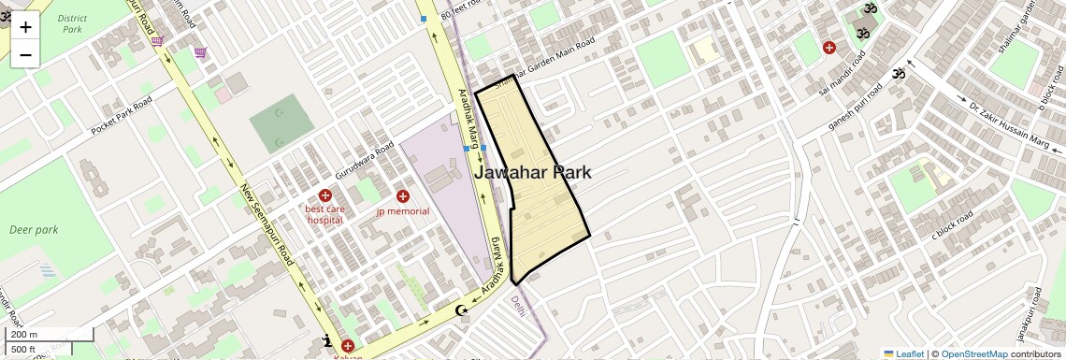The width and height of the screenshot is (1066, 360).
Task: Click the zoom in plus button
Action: (x=25, y=27)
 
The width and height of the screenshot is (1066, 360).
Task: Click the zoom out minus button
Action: (x=25, y=55)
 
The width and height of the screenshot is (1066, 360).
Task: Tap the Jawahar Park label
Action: (x=533, y=173)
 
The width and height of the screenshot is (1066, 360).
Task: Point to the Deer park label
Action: (x=34, y=229)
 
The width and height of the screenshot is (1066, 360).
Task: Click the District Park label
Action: (x=72, y=23)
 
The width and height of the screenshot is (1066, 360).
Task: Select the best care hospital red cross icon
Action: (x=325, y=195)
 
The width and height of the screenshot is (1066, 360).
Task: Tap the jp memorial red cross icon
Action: (x=403, y=196)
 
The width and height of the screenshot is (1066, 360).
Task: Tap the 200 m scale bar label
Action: (x=22, y=335)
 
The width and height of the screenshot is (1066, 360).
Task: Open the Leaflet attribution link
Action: (x=909, y=354)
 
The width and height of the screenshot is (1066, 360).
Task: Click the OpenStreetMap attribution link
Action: (x=973, y=354)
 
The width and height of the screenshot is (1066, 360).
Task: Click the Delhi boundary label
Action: (x=517, y=306)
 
